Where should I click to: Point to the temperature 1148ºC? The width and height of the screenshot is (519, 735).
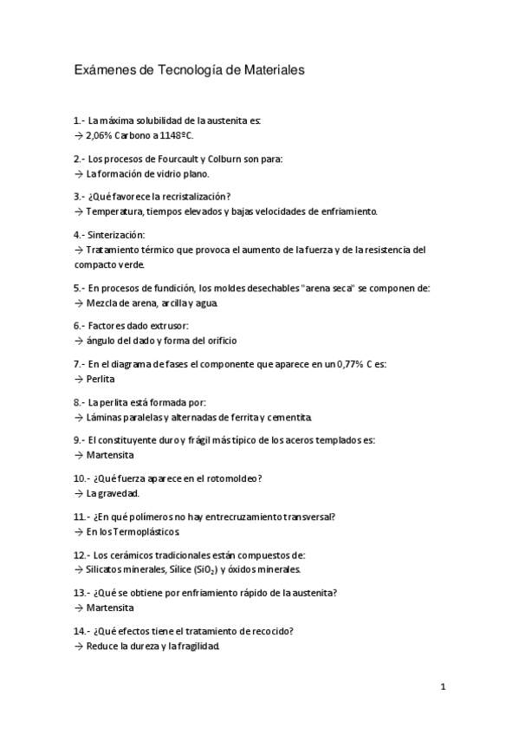pos(177,136)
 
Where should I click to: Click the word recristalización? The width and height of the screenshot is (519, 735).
pos(202,197)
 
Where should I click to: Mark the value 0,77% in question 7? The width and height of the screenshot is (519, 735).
pos(348,364)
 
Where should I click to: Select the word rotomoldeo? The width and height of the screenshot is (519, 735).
pos(231,478)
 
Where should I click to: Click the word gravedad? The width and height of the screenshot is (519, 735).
pos(120,493)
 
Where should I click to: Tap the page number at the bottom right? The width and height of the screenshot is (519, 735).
pos(443,687)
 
